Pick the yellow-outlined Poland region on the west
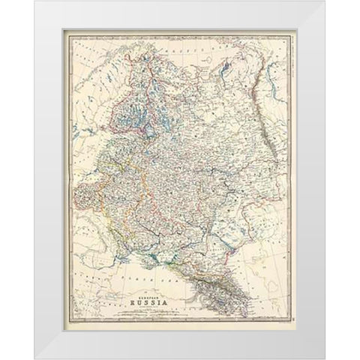coord(90,202)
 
